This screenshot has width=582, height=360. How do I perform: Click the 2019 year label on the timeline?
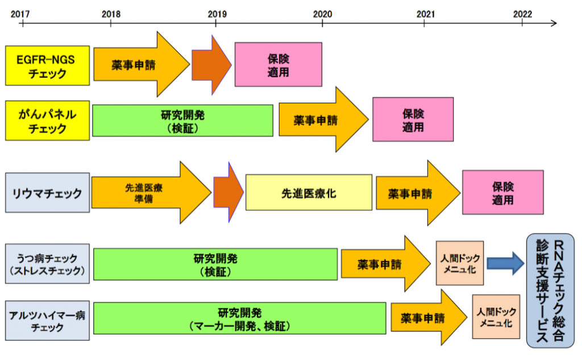pyautogui.click(x=216, y=13)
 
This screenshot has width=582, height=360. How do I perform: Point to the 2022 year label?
pyautogui.click(x=522, y=13)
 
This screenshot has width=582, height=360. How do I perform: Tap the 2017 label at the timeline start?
pyautogui.click(x=22, y=13)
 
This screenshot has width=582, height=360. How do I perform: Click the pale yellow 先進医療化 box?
pyautogui.click(x=309, y=193)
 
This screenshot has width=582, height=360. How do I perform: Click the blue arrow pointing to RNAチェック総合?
pyautogui.click(x=505, y=263)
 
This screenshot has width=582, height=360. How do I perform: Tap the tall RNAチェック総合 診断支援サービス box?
pyautogui.click(x=550, y=290)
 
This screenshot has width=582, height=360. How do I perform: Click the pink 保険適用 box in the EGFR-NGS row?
pyautogui.click(x=278, y=65)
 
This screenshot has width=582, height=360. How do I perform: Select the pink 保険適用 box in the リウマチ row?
pyautogui.click(x=502, y=193)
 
